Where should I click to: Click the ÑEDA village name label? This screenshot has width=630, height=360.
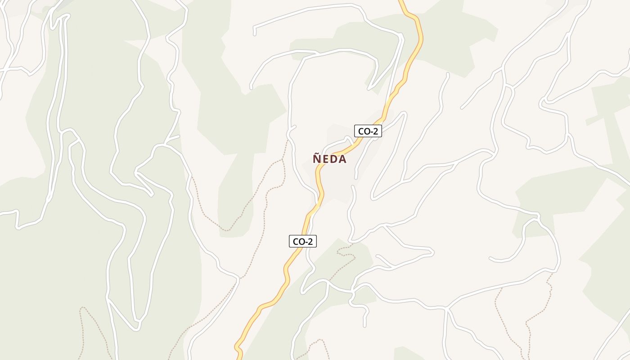(330, 159)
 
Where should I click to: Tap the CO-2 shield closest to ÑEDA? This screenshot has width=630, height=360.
(368, 131)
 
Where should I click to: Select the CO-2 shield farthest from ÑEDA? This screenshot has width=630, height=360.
(302, 241)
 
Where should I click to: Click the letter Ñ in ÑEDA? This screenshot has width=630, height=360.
(317, 159)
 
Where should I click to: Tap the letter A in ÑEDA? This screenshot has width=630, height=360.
(343, 159)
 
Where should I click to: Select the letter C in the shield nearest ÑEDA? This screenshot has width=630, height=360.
(360, 131)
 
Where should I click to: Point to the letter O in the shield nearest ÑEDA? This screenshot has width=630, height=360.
(366, 131)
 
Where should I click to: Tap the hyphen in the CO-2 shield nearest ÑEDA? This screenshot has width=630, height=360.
(371, 132)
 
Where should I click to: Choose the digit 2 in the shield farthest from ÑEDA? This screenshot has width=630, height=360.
(310, 242)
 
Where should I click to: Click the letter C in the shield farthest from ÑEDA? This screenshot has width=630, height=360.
(295, 242)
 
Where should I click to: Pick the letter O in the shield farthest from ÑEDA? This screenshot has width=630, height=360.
(301, 242)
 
